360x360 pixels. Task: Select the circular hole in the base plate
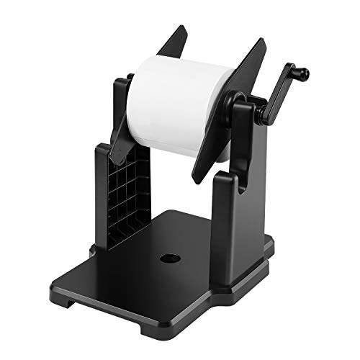pyautogui.click(x=171, y=257)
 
